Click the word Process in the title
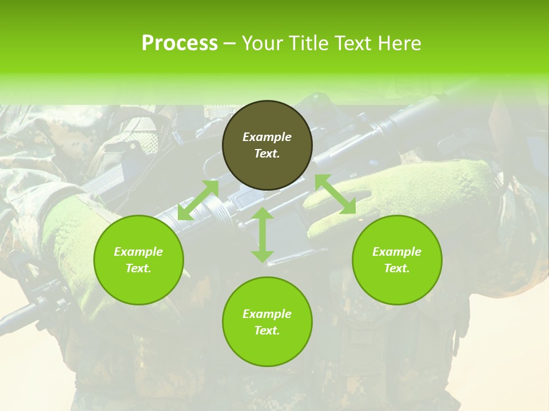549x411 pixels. tap(180, 43)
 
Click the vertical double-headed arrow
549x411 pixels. tap(262, 235)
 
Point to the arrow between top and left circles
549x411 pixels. tap(198, 200)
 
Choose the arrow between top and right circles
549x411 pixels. tap(335, 194)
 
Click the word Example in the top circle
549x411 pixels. tap(267, 137)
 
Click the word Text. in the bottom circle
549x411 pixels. tap(267, 331)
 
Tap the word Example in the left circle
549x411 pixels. tap(138, 252)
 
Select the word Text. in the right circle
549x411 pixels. tap(397, 268)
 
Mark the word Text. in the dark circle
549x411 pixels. tap(267, 154)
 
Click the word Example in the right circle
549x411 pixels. tap(397, 252)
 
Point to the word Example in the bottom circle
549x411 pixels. tap(267, 314)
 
